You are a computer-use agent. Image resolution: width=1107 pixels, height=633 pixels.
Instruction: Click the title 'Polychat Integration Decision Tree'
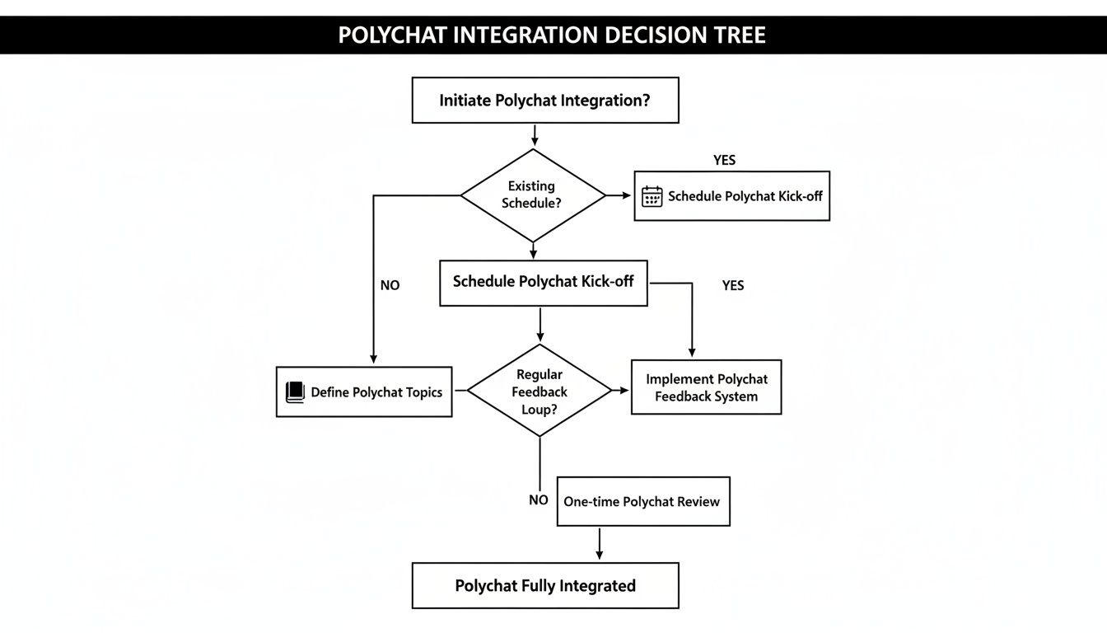tap(552, 35)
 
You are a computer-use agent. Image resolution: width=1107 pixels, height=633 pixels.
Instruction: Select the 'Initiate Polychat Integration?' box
tap(545, 100)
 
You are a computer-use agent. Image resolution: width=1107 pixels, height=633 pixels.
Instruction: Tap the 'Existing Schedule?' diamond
tap(533, 195)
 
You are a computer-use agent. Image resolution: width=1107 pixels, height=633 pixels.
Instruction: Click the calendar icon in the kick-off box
tap(652, 196)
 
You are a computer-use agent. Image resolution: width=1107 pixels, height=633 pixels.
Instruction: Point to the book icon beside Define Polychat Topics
tap(295, 392)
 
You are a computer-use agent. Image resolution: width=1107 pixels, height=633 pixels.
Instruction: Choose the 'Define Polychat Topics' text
tap(376, 392)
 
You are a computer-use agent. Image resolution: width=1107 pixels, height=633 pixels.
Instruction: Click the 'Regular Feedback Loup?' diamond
tap(539, 390)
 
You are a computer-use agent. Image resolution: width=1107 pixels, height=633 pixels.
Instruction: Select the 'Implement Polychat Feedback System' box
tap(706, 387)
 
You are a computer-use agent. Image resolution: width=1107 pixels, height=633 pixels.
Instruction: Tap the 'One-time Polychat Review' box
tap(643, 501)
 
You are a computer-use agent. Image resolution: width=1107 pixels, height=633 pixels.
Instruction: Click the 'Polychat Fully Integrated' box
tap(545, 585)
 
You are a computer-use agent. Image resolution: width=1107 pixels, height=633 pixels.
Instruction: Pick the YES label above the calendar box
tap(725, 160)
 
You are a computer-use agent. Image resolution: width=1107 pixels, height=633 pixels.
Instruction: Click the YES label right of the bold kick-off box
tap(733, 285)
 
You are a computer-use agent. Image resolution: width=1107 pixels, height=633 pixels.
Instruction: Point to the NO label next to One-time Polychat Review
tap(538, 500)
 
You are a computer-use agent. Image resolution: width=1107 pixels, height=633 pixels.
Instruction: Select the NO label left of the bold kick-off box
tap(390, 285)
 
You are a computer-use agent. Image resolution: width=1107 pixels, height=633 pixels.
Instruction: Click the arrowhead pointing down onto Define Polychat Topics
tap(374, 359)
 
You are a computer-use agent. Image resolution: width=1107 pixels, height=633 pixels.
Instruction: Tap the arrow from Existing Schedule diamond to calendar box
tap(619, 195)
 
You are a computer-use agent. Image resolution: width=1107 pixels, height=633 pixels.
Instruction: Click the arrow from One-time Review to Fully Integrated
tap(600, 543)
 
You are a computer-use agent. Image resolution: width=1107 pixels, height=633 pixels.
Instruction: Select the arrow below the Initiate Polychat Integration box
tap(535, 135)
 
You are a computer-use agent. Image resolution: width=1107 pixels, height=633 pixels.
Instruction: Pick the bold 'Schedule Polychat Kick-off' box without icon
tap(544, 283)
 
